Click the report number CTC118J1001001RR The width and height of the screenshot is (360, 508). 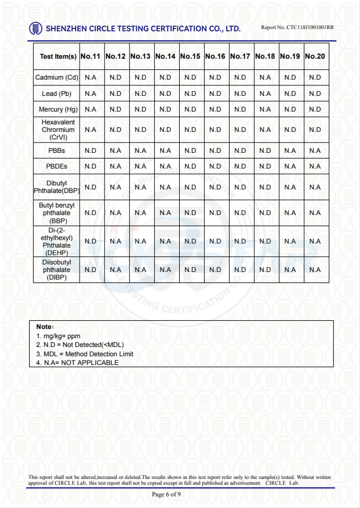click(298, 27)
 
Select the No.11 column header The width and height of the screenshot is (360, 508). click(91, 57)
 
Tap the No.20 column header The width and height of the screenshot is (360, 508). click(315, 57)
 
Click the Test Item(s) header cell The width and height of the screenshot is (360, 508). click(58, 57)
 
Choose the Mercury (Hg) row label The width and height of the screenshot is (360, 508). click(58, 109)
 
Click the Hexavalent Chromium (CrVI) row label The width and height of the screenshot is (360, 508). click(58, 130)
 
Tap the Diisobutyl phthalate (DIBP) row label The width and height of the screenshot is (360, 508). click(57, 270)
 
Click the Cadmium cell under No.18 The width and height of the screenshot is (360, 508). click(265, 77)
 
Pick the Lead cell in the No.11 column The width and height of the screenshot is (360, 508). click(91, 94)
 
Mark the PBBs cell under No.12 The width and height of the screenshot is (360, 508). click(116, 150)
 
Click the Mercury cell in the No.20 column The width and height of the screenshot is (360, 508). click(315, 109)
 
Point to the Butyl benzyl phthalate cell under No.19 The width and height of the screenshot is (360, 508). click(290, 213)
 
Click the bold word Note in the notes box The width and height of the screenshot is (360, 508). click(44, 327)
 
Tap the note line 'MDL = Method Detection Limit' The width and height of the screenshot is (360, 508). click(85, 354)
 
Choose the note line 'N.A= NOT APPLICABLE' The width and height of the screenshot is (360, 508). click(77, 363)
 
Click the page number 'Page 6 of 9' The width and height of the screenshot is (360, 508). click(166, 495)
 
